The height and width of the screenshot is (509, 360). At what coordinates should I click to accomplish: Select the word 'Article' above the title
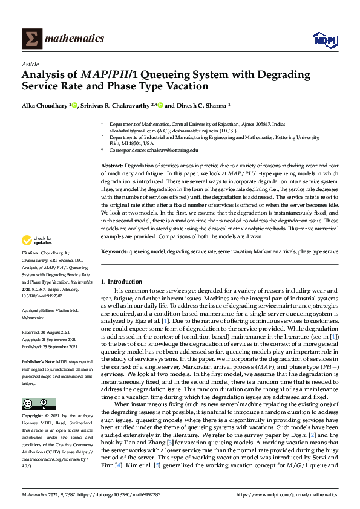tap(30, 64)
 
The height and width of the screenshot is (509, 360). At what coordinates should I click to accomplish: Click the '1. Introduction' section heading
tap(121, 282)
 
